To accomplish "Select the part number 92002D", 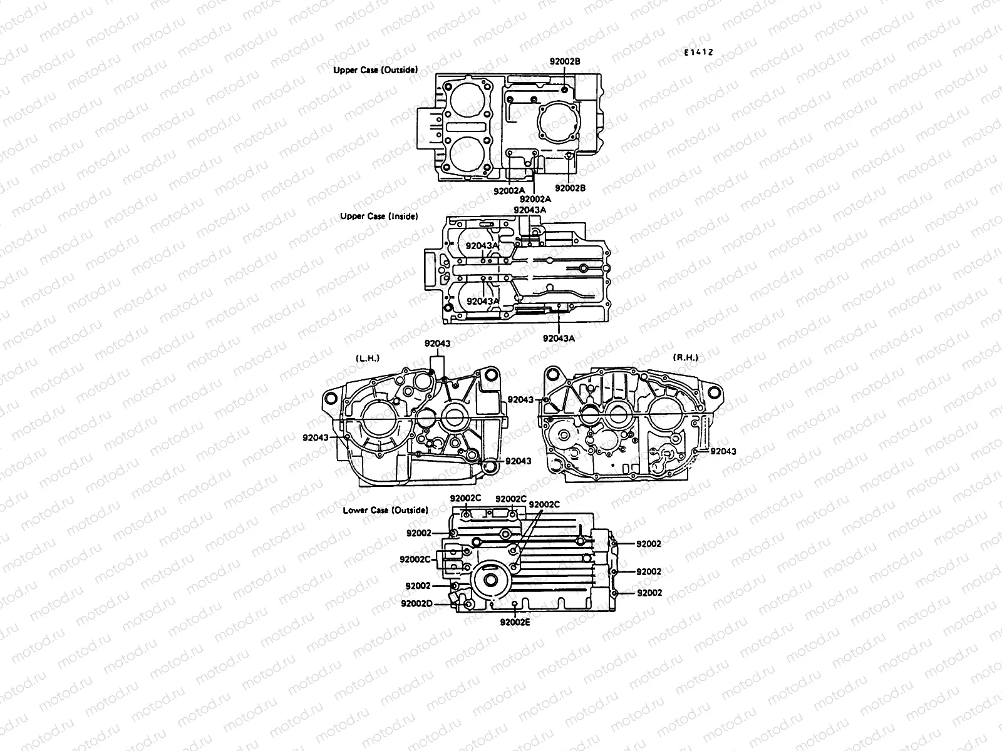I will pyautogui.click(x=417, y=603).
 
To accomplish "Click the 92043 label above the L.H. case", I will pyautogui.click(x=437, y=343).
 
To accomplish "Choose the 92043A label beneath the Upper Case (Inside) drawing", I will pyautogui.click(x=558, y=338).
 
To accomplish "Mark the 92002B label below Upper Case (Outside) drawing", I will pyautogui.click(x=570, y=188).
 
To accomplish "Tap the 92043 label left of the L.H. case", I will pyautogui.click(x=315, y=437).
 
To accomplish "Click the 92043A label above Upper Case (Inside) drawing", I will pyautogui.click(x=529, y=210).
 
